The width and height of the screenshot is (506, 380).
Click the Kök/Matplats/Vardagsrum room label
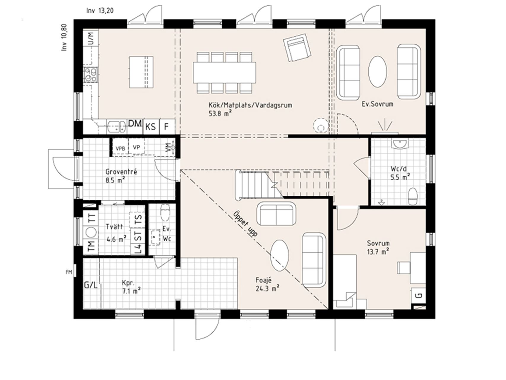250,105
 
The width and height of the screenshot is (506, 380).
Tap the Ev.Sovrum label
377,104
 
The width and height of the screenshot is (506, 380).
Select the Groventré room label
121,172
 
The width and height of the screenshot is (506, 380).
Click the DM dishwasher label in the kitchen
135,124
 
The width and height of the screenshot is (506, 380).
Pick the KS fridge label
150,127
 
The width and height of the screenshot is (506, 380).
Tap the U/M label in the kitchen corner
91,38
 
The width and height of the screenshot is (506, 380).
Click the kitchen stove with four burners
91,75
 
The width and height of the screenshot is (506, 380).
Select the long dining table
224,73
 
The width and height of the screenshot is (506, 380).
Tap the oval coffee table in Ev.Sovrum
377,72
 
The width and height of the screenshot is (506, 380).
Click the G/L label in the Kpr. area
90,286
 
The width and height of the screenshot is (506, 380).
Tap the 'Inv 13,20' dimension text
100,11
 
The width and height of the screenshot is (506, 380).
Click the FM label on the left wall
69,272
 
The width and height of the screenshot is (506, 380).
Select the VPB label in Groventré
120,148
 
